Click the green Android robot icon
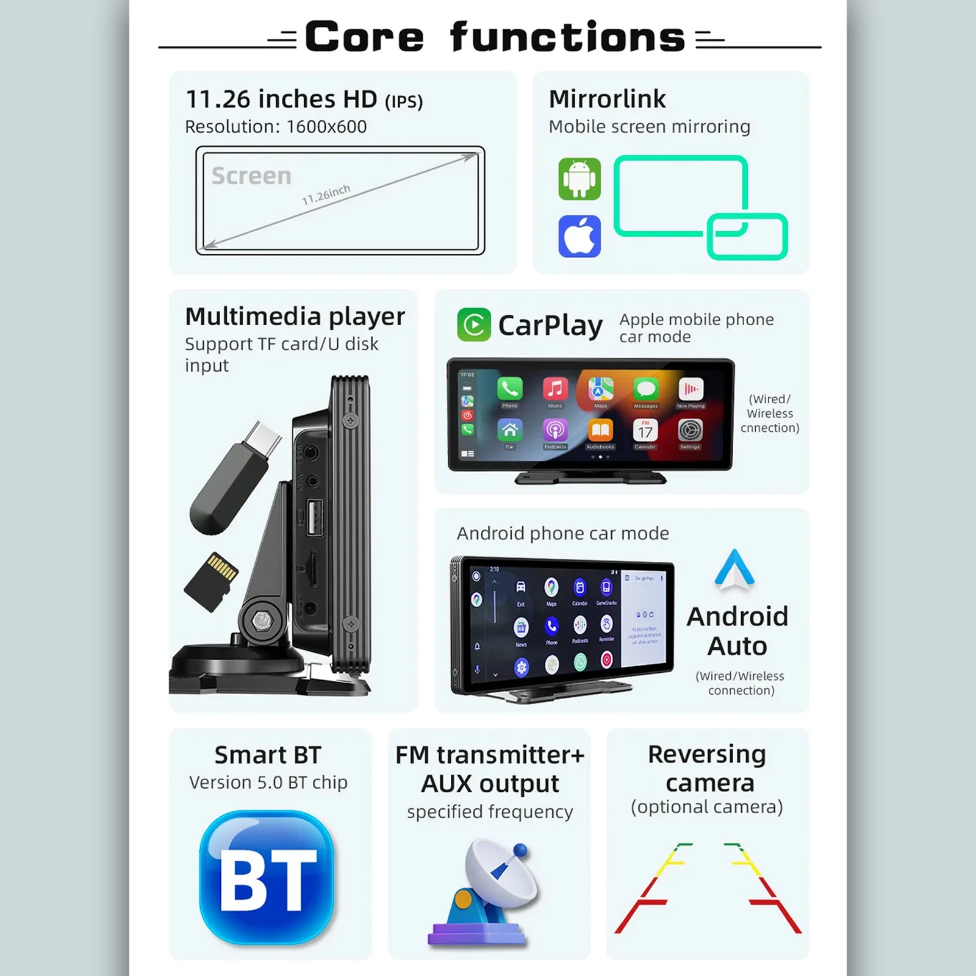point(579,179)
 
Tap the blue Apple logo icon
point(579,236)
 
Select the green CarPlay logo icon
point(474,325)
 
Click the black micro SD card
point(211,581)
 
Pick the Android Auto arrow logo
point(734,570)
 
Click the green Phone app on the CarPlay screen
point(510,389)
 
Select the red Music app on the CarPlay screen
point(555,389)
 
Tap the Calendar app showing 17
point(645,430)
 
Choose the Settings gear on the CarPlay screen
point(690,430)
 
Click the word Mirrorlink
point(607,99)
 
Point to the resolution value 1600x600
point(326,127)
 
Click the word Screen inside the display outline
point(251,176)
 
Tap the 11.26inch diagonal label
point(326,195)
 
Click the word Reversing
point(706,755)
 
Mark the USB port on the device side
point(314,517)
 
